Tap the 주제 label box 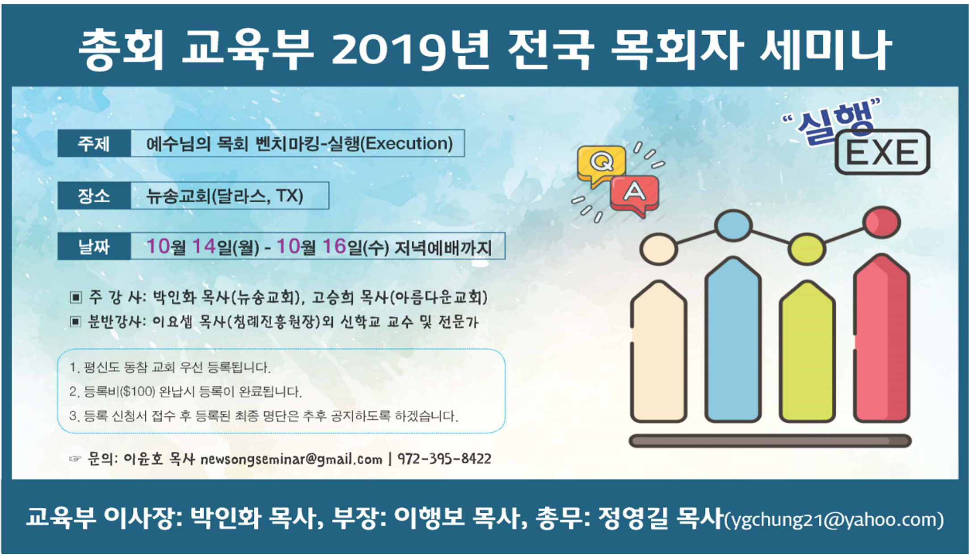(94, 143)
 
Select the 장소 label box (94, 196)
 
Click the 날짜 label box (94, 246)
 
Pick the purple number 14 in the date (204, 246)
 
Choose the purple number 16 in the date (334, 246)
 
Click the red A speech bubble (635, 193)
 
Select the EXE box (882, 152)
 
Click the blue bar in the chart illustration (733, 344)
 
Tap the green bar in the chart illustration (807, 355)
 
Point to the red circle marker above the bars (881, 222)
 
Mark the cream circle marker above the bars (658, 249)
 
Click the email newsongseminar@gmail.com (291, 459)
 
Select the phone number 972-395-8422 (444, 459)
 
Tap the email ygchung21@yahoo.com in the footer (834, 520)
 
